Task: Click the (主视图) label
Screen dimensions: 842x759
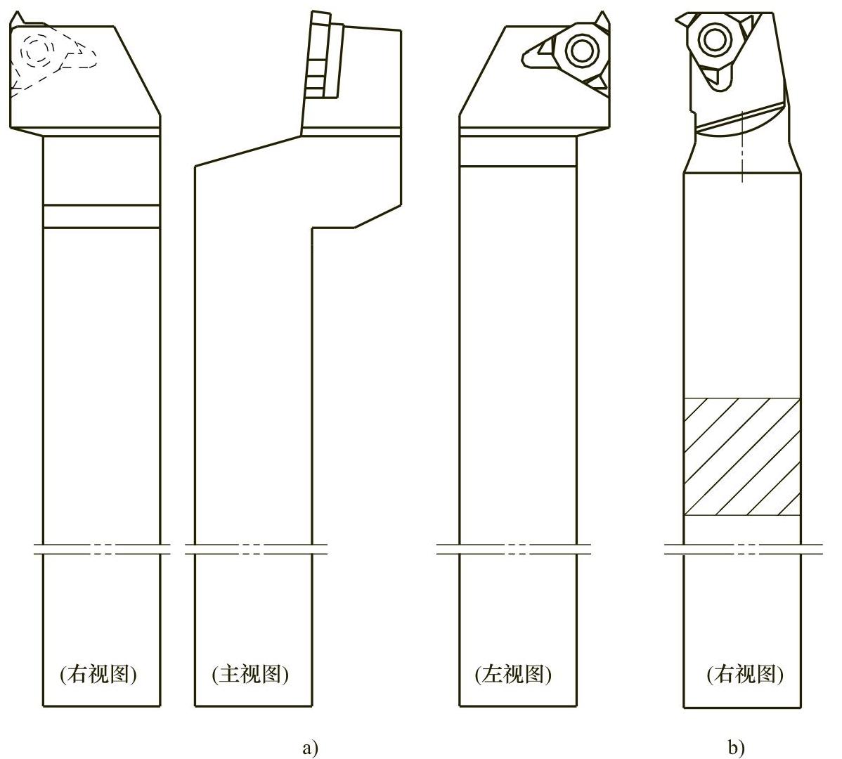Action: point(250,674)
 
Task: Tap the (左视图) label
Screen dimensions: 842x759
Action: point(513,674)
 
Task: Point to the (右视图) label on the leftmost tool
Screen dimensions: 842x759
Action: point(98,674)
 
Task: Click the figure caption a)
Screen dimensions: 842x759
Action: point(311,746)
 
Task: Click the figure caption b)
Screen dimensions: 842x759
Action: point(736,746)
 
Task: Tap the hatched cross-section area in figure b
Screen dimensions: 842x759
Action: point(742,457)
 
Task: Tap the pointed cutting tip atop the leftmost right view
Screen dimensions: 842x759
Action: point(18,18)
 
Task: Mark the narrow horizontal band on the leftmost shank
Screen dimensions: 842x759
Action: point(101,216)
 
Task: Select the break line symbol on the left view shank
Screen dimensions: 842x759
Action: point(514,549)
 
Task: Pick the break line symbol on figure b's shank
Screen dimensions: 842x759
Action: point(744,549)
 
